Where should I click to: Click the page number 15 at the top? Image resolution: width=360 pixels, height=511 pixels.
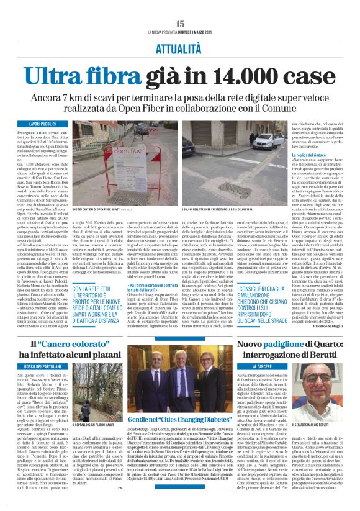(x=180, y=24)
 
